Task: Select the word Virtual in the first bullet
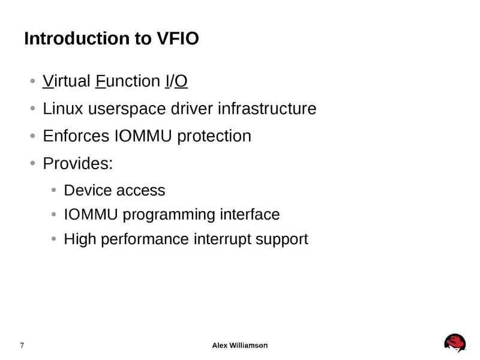click(x=67, y=81)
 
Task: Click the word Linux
click(x=63, y=109)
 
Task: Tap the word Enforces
click(x=76, y=136)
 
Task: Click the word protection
click(x=214, y=136)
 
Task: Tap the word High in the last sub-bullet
click(x=76, y=239)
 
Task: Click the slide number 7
click(x=22, y=345)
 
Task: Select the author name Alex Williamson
click(x=240, y=345)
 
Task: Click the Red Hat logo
click(x=455, y=343)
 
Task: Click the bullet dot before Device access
click(x=53, y=191)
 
